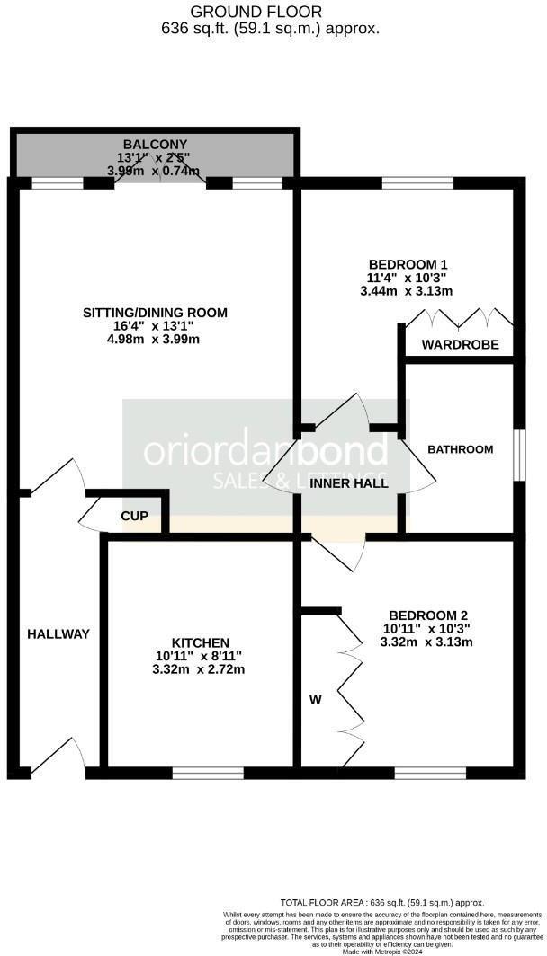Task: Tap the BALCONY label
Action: (x=155, y=144)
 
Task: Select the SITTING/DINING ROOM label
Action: (x=155, y=313)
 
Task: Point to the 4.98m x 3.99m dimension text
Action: (x=154, y=340)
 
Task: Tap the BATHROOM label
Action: (x=460, y=449)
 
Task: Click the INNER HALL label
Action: (x=349, y=483)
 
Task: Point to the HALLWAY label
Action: (x=58, y=634)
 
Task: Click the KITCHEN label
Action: (x=200, y=642)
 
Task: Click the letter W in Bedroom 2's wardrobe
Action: (x=315, y=699)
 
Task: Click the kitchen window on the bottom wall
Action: (x=208, y=772)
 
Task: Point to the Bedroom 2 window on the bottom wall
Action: (x=430, y=772)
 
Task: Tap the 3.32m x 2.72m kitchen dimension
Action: (x=200, y=669)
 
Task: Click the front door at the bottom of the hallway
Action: (x=58, y=755)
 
